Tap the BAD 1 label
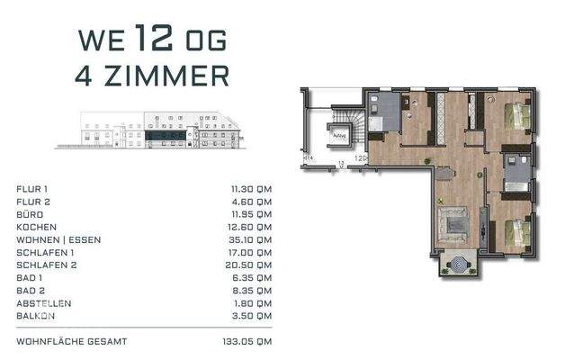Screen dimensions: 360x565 [29, 277]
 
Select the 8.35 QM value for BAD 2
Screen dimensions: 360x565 [253, 290]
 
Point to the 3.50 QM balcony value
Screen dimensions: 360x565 [253, 316]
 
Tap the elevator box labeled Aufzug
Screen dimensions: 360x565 [340, 137]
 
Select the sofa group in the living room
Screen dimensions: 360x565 [453, 222]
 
